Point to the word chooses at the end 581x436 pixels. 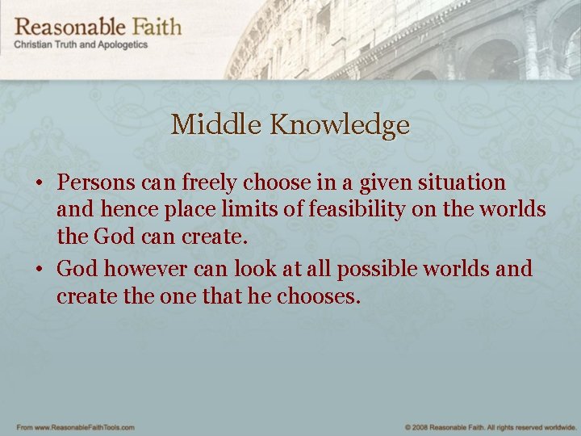coord(319,296)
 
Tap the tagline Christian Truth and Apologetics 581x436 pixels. coord(81,45)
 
